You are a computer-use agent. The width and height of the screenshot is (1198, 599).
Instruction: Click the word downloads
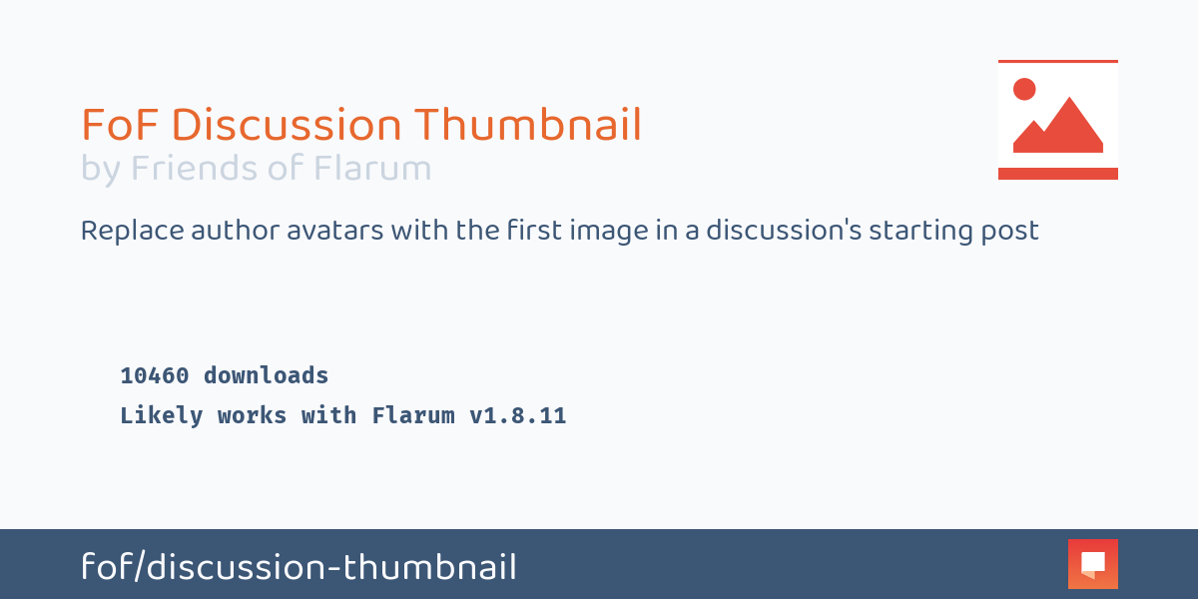point(266,376)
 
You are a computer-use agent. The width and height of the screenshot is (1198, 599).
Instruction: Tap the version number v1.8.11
point(517,416)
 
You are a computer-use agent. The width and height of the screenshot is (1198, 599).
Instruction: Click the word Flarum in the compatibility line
point(412,416)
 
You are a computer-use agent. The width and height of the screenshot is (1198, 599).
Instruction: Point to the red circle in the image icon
point(1024,89)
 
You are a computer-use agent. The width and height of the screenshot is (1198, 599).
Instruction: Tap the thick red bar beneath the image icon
point(1057,174)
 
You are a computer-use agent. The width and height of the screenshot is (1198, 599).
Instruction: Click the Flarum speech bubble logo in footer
point(1092,564)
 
